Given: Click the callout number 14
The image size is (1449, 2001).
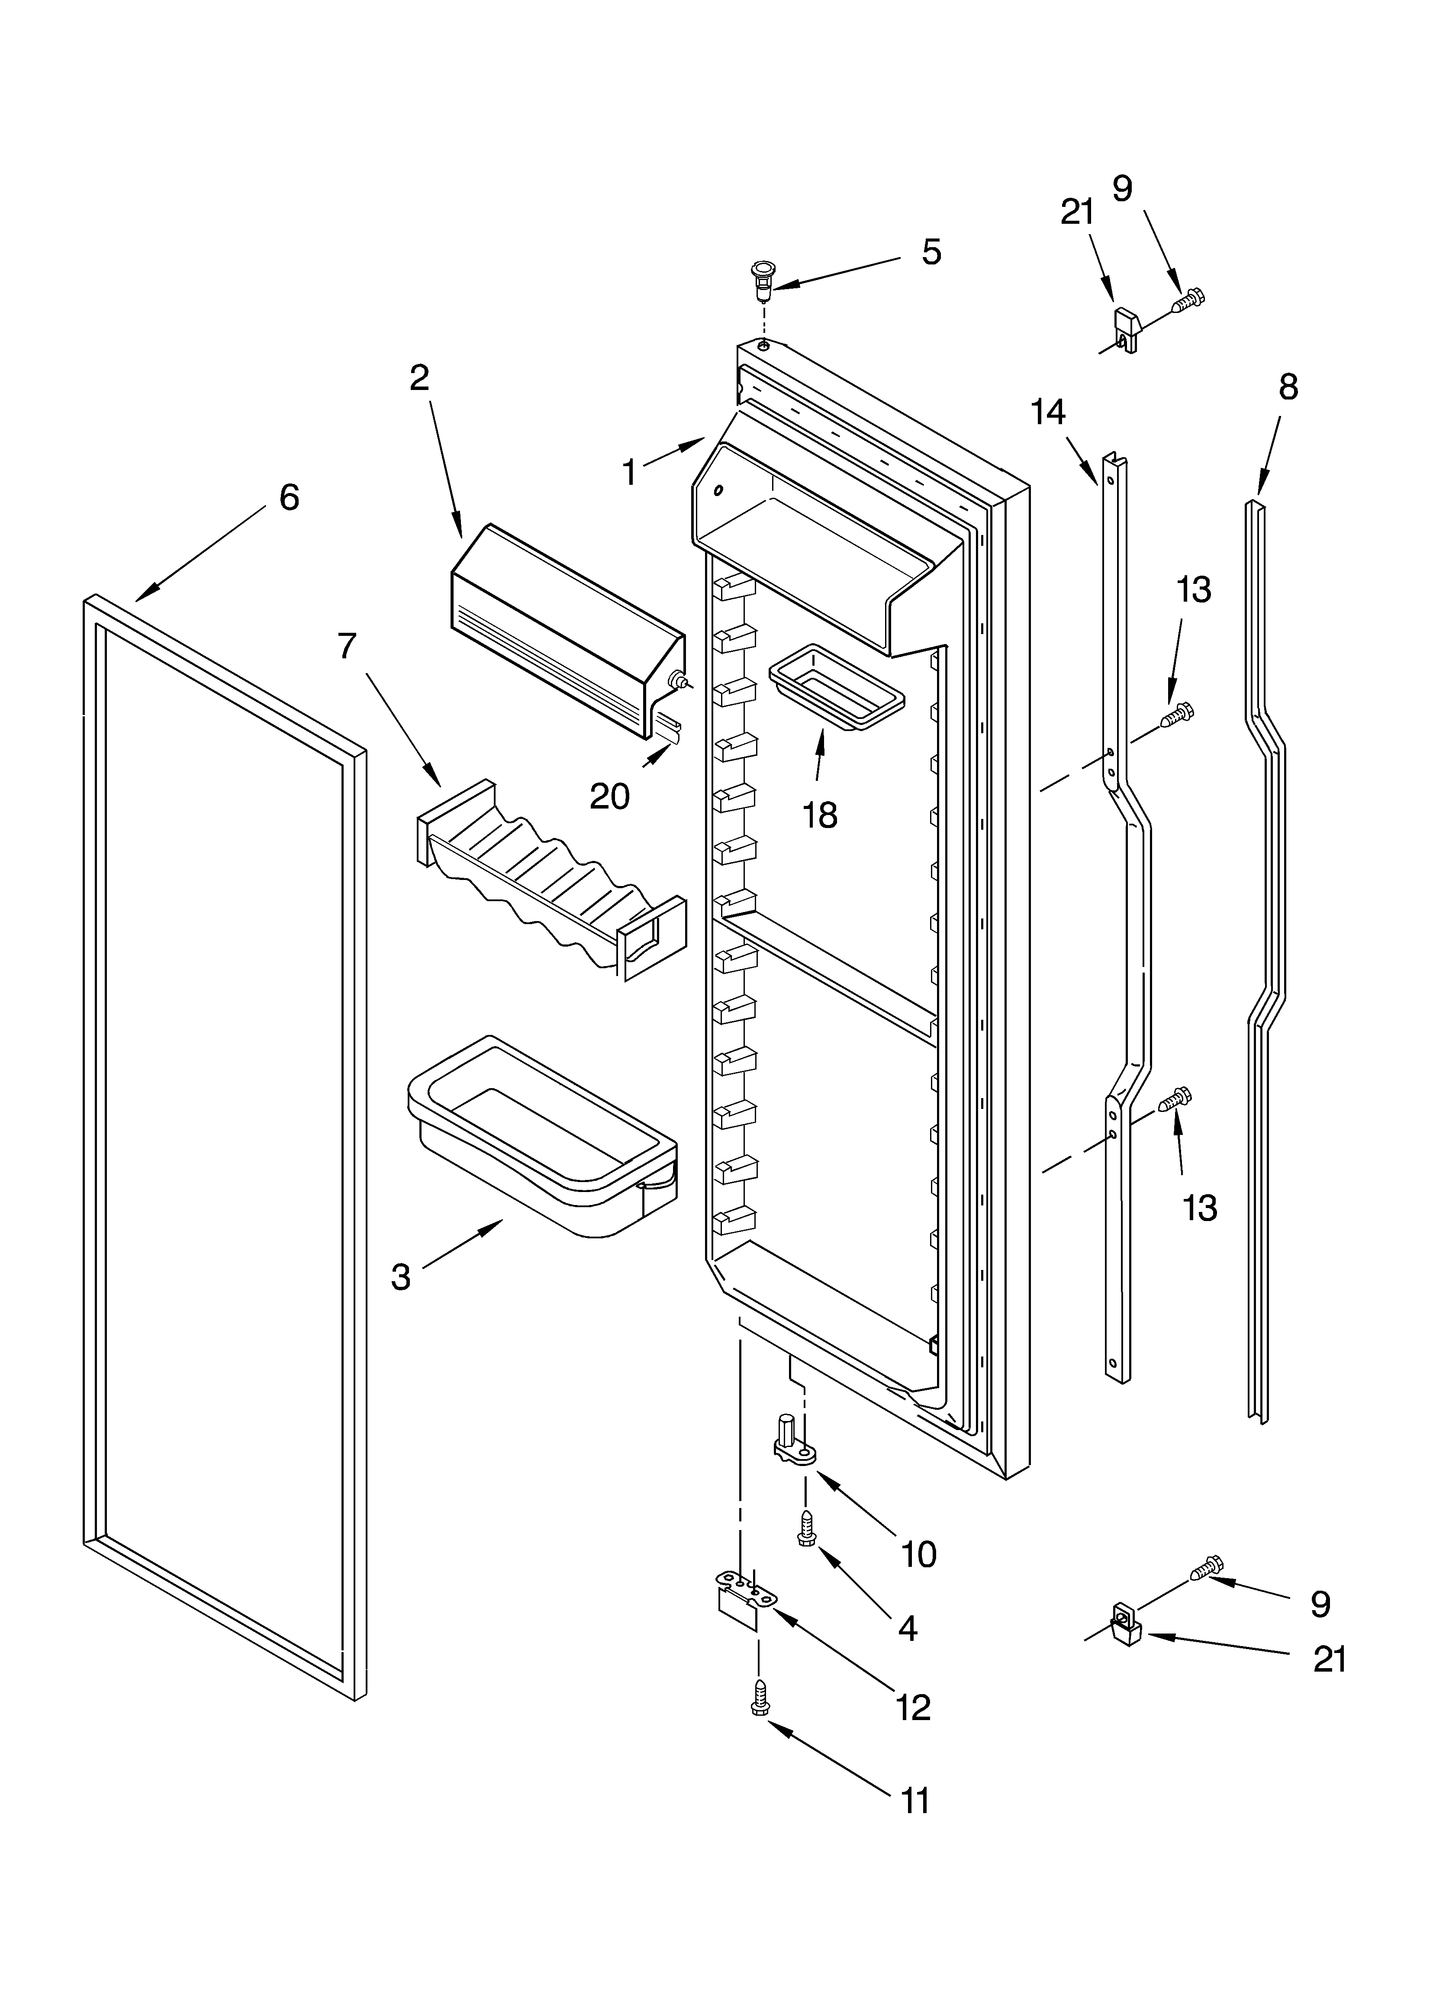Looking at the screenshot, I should point(1048,413).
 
